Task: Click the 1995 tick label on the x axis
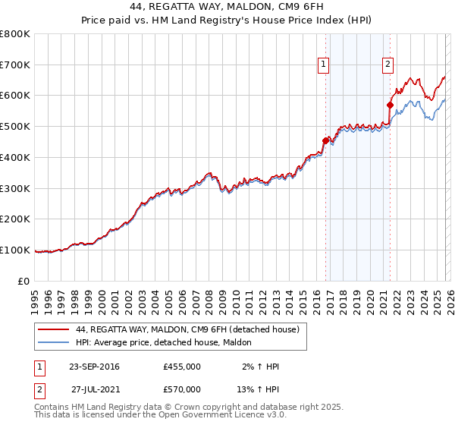click(x=36, y=297)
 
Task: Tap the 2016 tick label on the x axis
click(x=316, y=297)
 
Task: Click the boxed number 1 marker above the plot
click(x=324, y=65)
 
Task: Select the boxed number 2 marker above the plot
click(x=388, y=65)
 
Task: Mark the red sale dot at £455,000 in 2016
click(x=325, y=140)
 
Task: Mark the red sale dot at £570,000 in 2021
click(x=391, y=105)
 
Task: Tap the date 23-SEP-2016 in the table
click(x=94, y=367)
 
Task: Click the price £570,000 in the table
click(x=182, y=389)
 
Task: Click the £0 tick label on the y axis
click(x=25, y=281)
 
